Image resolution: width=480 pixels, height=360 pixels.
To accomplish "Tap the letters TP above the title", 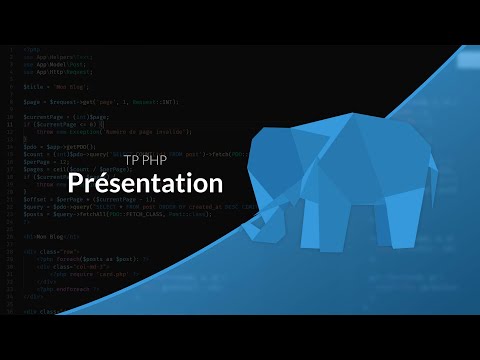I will point(133,158).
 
